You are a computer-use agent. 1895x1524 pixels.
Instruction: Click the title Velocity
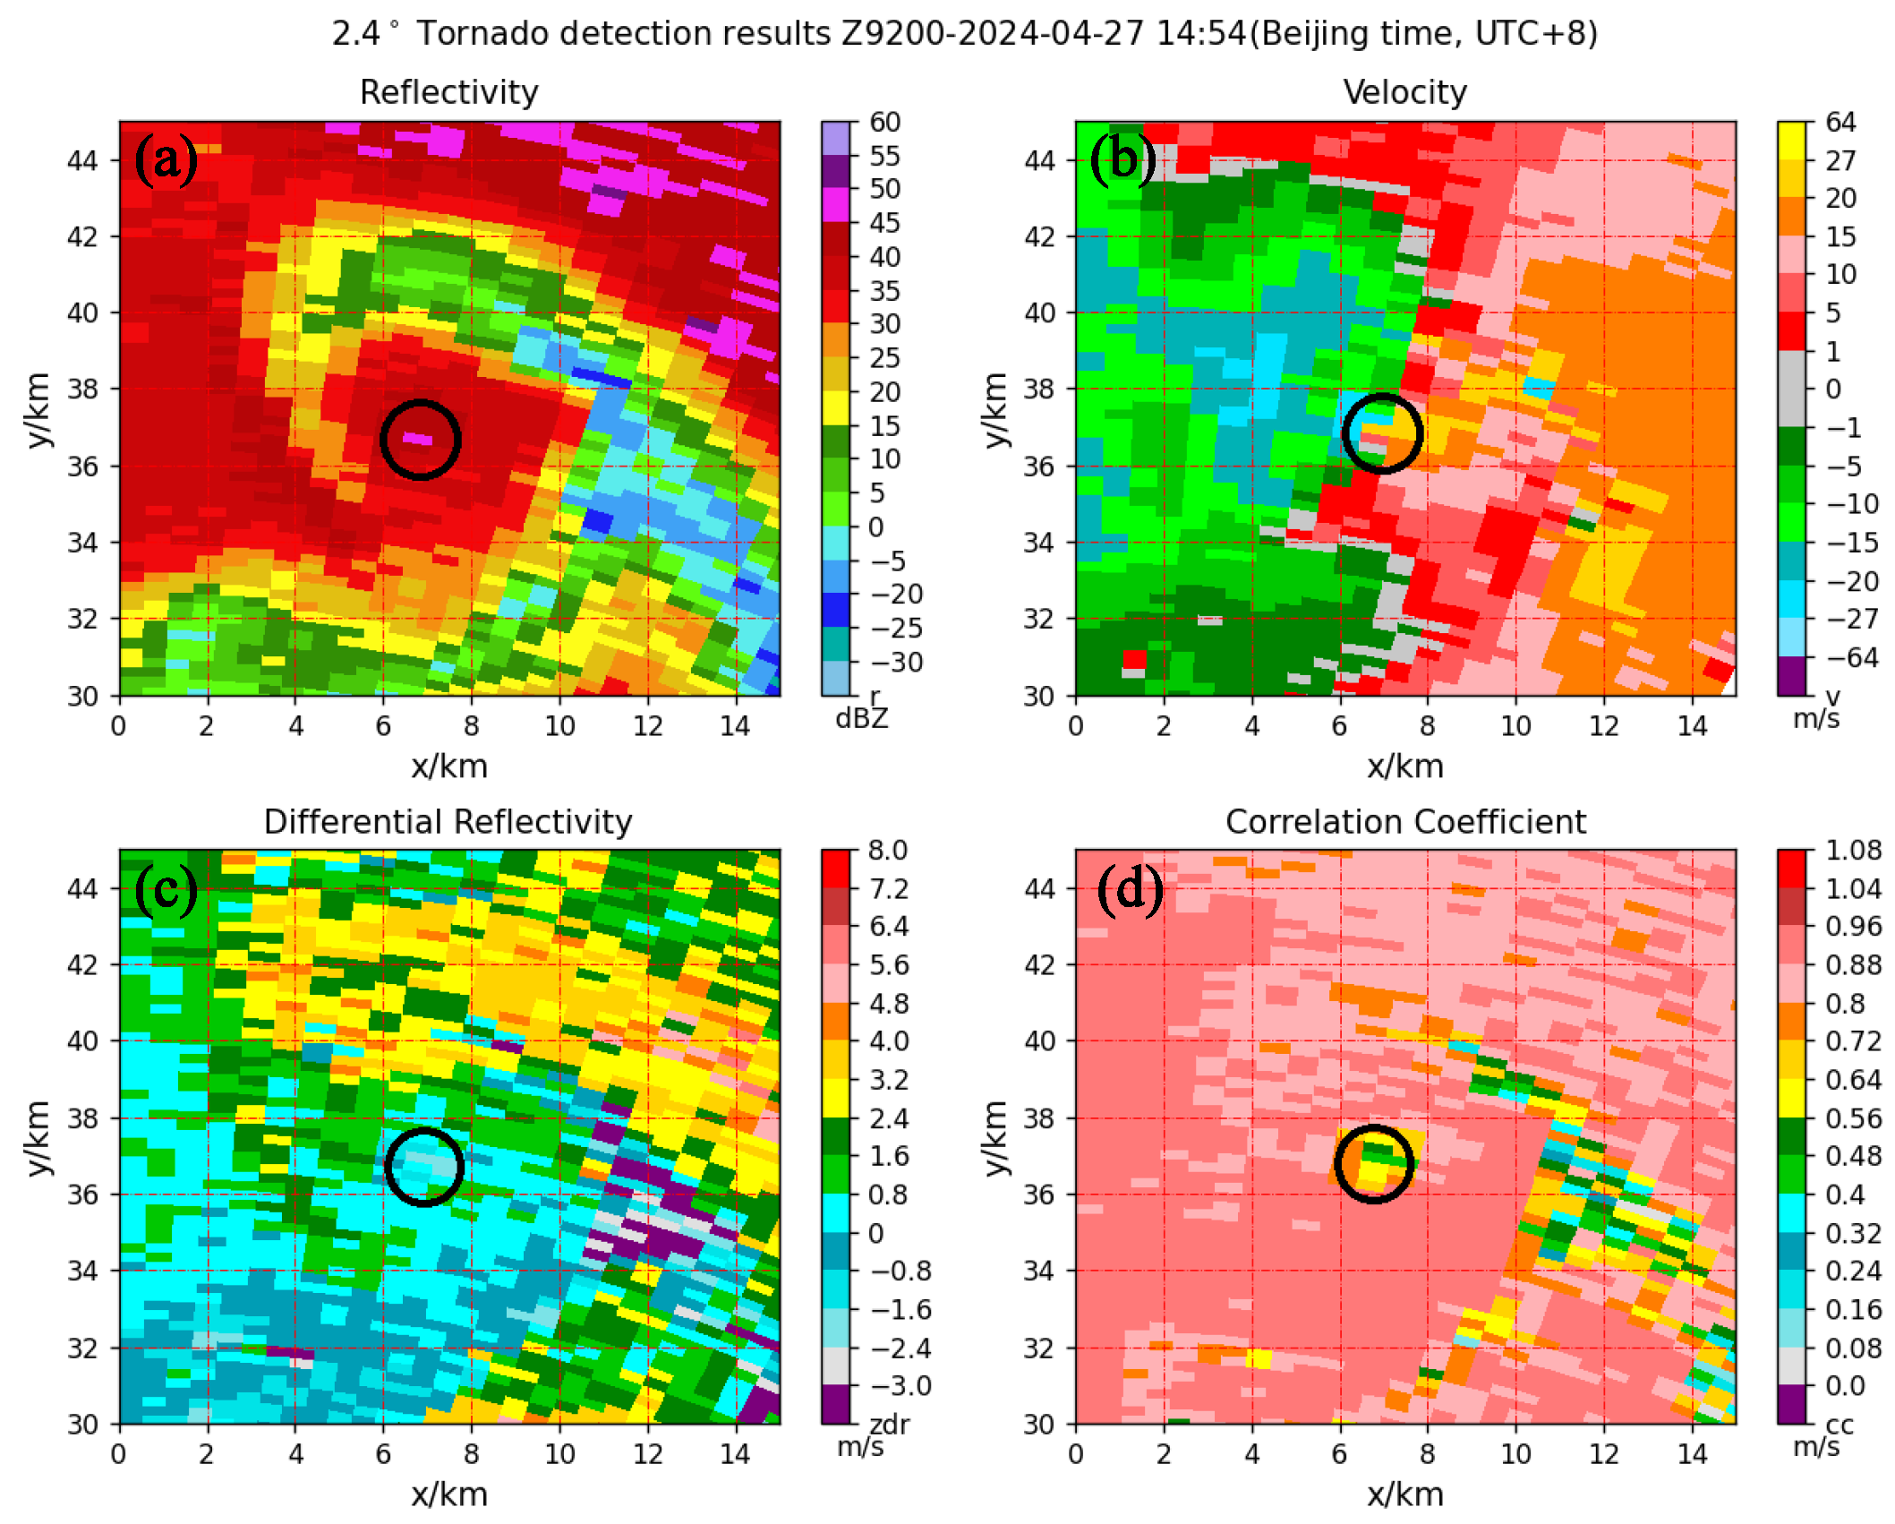pyautogui.click(x=1404, y=92)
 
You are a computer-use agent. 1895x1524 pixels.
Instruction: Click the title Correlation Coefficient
pyautogui.click(x=1404, y=821)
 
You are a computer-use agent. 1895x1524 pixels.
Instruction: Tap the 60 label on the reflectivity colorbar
pyautogui.click(x=884, y=122)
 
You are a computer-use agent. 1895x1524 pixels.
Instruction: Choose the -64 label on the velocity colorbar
pyautogui.click(x=1852, y=657)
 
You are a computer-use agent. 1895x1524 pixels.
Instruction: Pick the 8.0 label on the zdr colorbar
pyautogui.click(x=887, y=850)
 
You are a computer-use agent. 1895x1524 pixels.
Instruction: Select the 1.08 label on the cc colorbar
pyautogui.click(x=1853, y=850)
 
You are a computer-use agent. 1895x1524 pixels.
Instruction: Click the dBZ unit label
pyautogui.click(x=861, y=718)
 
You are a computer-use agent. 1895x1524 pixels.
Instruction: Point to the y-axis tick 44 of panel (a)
pyautogui.click(x=82, y=160)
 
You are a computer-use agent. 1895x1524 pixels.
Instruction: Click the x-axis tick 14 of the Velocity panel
pyautogui.click(x=1691, y=725)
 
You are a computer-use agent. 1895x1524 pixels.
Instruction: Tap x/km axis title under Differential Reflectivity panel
pyautogui.click(x=449, y=1494)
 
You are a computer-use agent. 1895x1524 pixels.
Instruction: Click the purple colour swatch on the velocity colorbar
pyautogui.click(x=1791, y=675)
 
